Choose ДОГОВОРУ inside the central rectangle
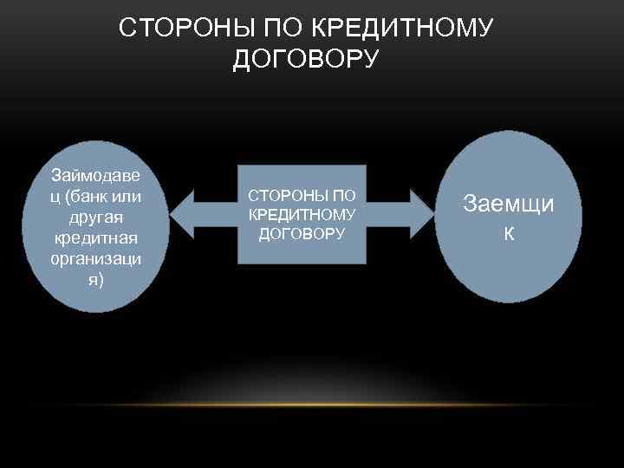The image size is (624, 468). click(x=302, y=232)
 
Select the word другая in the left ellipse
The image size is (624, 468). click(x=96, y=218)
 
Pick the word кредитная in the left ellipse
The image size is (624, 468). click(x=96, y=238)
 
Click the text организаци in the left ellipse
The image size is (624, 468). click(x=96, y=258)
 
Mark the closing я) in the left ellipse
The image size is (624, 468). click(x=96, y=278)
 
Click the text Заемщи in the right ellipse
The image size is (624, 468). click(x=509, y=205)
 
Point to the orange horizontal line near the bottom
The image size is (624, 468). click(x=312, y=405)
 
